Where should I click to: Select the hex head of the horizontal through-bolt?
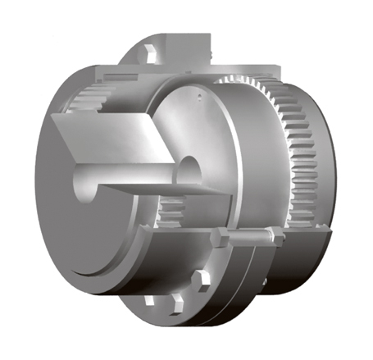pos(218,240)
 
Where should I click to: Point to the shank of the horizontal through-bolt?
pos(246,240)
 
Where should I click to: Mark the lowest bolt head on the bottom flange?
pos(171,314)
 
